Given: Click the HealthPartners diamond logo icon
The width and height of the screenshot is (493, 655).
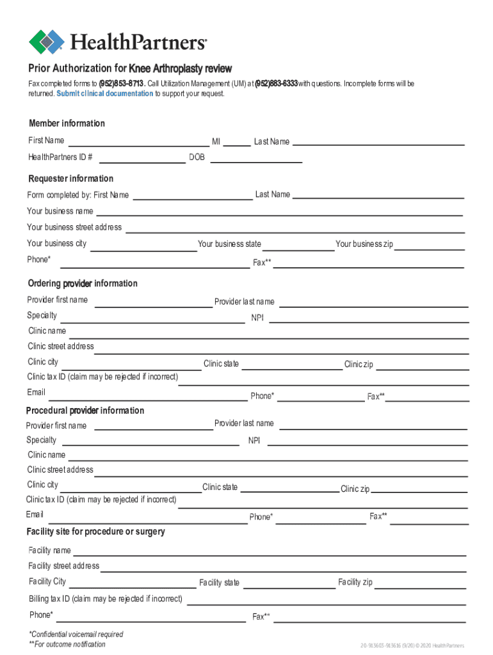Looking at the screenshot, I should (47, 42).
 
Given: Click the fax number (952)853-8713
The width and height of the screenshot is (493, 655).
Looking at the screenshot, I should (122, 84).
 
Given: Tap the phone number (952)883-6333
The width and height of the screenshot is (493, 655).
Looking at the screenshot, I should (276, 84).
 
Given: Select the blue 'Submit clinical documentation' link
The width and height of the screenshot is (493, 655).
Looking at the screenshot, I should (104, 93).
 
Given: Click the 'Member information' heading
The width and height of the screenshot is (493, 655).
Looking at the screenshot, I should (67, 123).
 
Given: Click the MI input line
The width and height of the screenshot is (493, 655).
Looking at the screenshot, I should (237, 142).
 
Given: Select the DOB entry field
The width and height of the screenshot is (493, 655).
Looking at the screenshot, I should (256, 159).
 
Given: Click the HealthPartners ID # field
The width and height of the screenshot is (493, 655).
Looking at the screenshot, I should (141, 159).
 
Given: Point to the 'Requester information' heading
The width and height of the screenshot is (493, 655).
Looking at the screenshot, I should (70, 178).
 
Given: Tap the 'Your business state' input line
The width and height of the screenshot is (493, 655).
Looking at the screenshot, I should (298, 246).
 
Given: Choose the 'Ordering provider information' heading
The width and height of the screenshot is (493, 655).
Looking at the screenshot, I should (82, 283).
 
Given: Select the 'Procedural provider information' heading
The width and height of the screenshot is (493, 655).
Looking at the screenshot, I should (85, 411).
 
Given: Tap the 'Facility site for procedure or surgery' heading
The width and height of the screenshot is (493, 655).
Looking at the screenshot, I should (95, 532).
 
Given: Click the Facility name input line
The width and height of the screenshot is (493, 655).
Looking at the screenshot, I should (269, 551).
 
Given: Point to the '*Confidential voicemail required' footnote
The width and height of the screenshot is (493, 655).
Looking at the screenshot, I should (76, 635).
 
